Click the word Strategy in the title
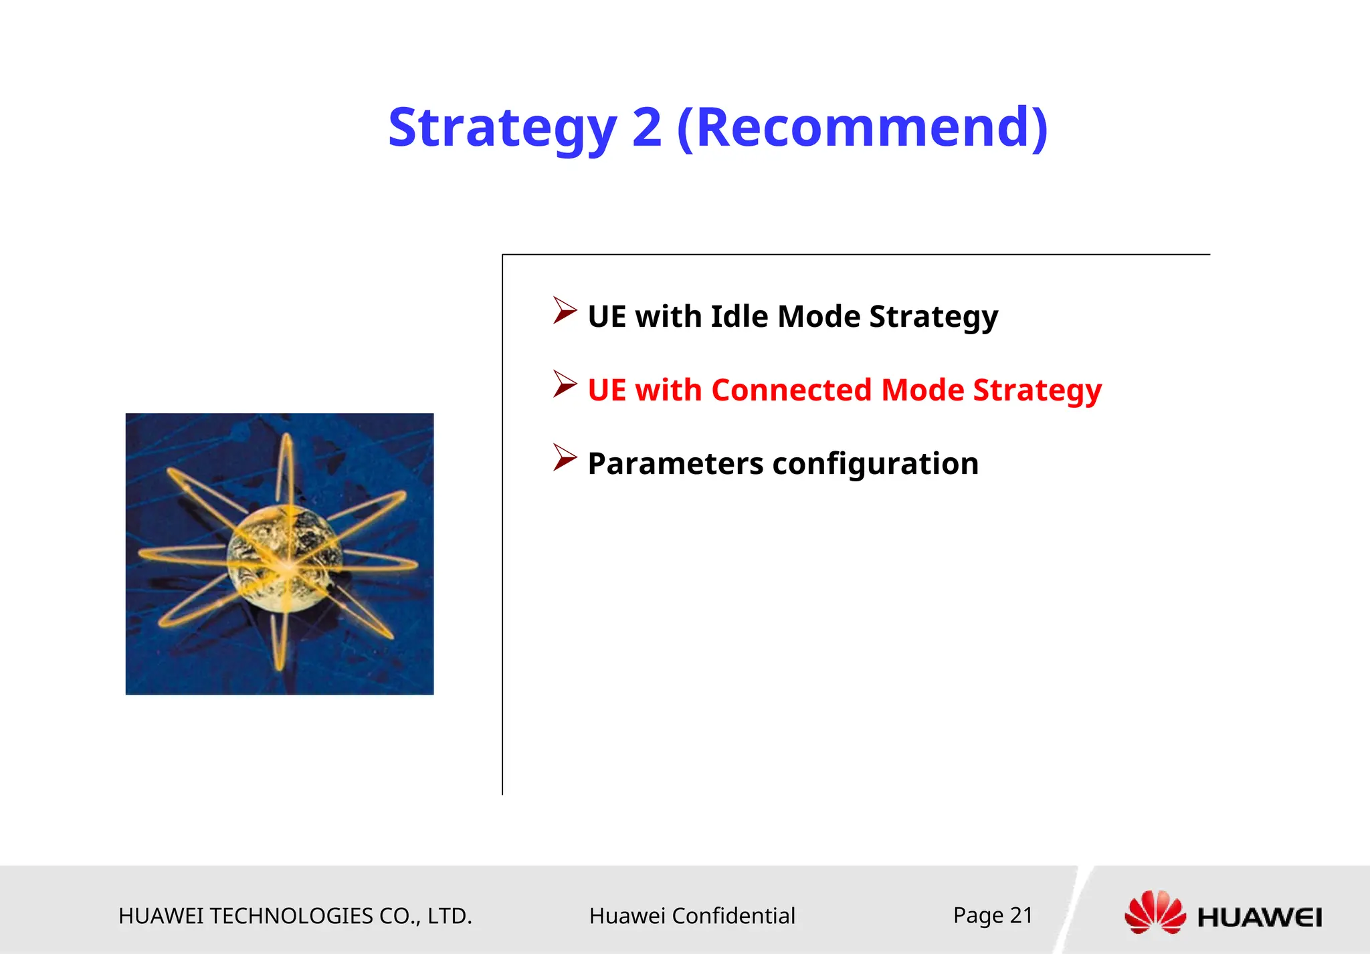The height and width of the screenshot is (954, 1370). (x=502, y=128)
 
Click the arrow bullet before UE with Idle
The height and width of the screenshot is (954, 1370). (x=565, y=311)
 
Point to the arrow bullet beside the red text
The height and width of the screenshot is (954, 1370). (x=565, y=384)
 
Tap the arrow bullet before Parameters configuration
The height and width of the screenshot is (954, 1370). (x=565, y=458)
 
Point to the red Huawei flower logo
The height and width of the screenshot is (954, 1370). (x=1155, y=913)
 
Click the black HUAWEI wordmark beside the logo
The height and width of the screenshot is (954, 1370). (x=1259, y=917)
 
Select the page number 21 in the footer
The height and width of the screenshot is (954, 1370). (x=1021, y=915)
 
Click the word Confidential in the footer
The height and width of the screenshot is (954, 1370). (x=733, y=916)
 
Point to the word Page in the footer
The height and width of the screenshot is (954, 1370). (x=978, y=915)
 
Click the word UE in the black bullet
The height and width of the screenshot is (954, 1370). (x=607, y=316)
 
